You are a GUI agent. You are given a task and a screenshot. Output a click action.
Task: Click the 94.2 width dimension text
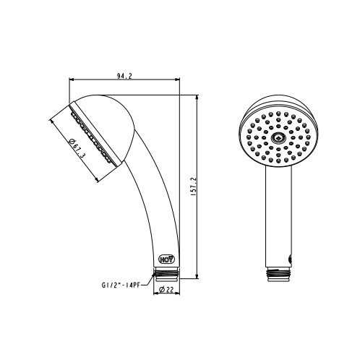pyautogui.click(x=124, y=76)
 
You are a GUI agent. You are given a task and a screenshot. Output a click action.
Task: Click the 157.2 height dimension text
pyautogui.click(x=194, y=187)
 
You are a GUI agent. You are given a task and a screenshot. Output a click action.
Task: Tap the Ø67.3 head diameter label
pyautogui.click(x=77, y=149)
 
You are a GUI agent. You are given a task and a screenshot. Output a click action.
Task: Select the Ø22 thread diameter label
pyautogui.click(x=166, y=289)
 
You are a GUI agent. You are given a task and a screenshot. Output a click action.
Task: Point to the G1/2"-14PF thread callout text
pyautogui.click(x=121, y=286)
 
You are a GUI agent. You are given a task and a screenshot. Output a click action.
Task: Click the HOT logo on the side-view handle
pyautogui.click(x=167, y=260)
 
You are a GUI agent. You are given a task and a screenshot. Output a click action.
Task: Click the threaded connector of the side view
pyautogui.click(x=166, y=274)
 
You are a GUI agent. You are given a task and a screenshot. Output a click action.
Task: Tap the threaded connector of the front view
pyautogui.click(x=278, y=274)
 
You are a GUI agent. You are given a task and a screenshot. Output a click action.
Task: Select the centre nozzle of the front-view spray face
pyautogui.click(x=279, y=138)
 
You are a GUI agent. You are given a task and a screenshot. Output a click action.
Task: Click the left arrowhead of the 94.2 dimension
pyautogui.click(x=72, y=80)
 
